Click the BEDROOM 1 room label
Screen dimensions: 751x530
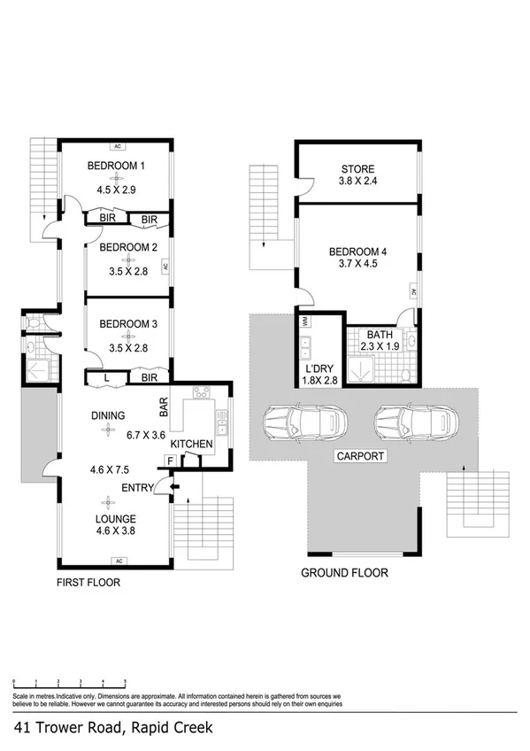coord(115,166)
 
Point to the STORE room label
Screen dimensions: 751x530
coord(357,169)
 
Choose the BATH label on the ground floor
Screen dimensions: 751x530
coord(380,335)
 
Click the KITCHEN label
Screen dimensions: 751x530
coord(191,443)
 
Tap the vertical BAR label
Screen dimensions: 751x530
coord(165,406)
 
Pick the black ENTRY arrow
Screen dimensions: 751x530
coord(173,486)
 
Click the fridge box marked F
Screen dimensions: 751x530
coord(169,461)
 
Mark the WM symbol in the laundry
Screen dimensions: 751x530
coord(304,321)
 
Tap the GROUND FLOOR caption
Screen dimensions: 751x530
coord(344,573)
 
